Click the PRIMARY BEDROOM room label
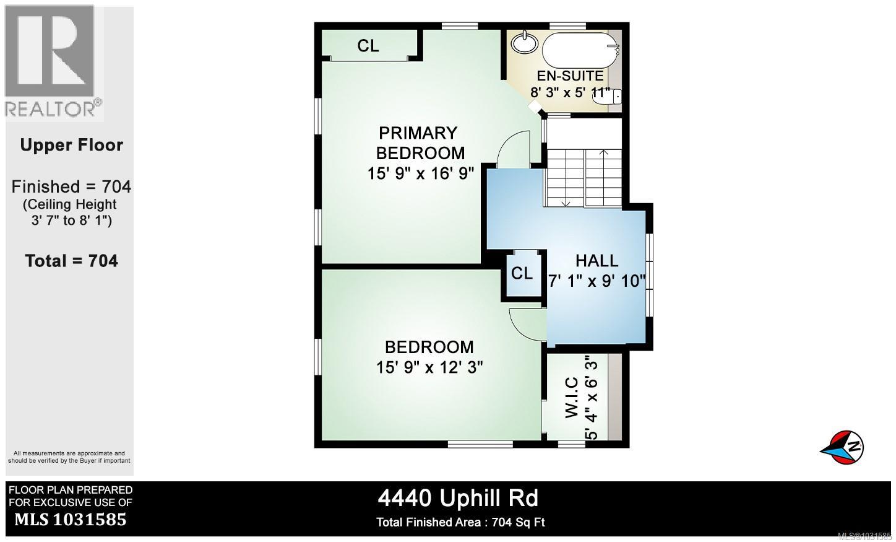tap(421, 143)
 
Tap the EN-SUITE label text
tap(569, 76)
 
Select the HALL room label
tap(597, 261)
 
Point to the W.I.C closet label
tap(572, 397)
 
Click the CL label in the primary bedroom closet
tap(368, 46)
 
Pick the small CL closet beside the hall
tap(522, 273)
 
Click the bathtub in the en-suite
tap(579, 49)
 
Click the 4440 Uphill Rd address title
tap(458, 498)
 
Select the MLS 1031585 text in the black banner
tap(70, 519)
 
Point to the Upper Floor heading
tap(72, 145)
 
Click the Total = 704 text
tap(72, 261)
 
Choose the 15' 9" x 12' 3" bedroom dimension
tap(429, 367)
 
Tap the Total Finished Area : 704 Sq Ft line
tap(460, 522)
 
